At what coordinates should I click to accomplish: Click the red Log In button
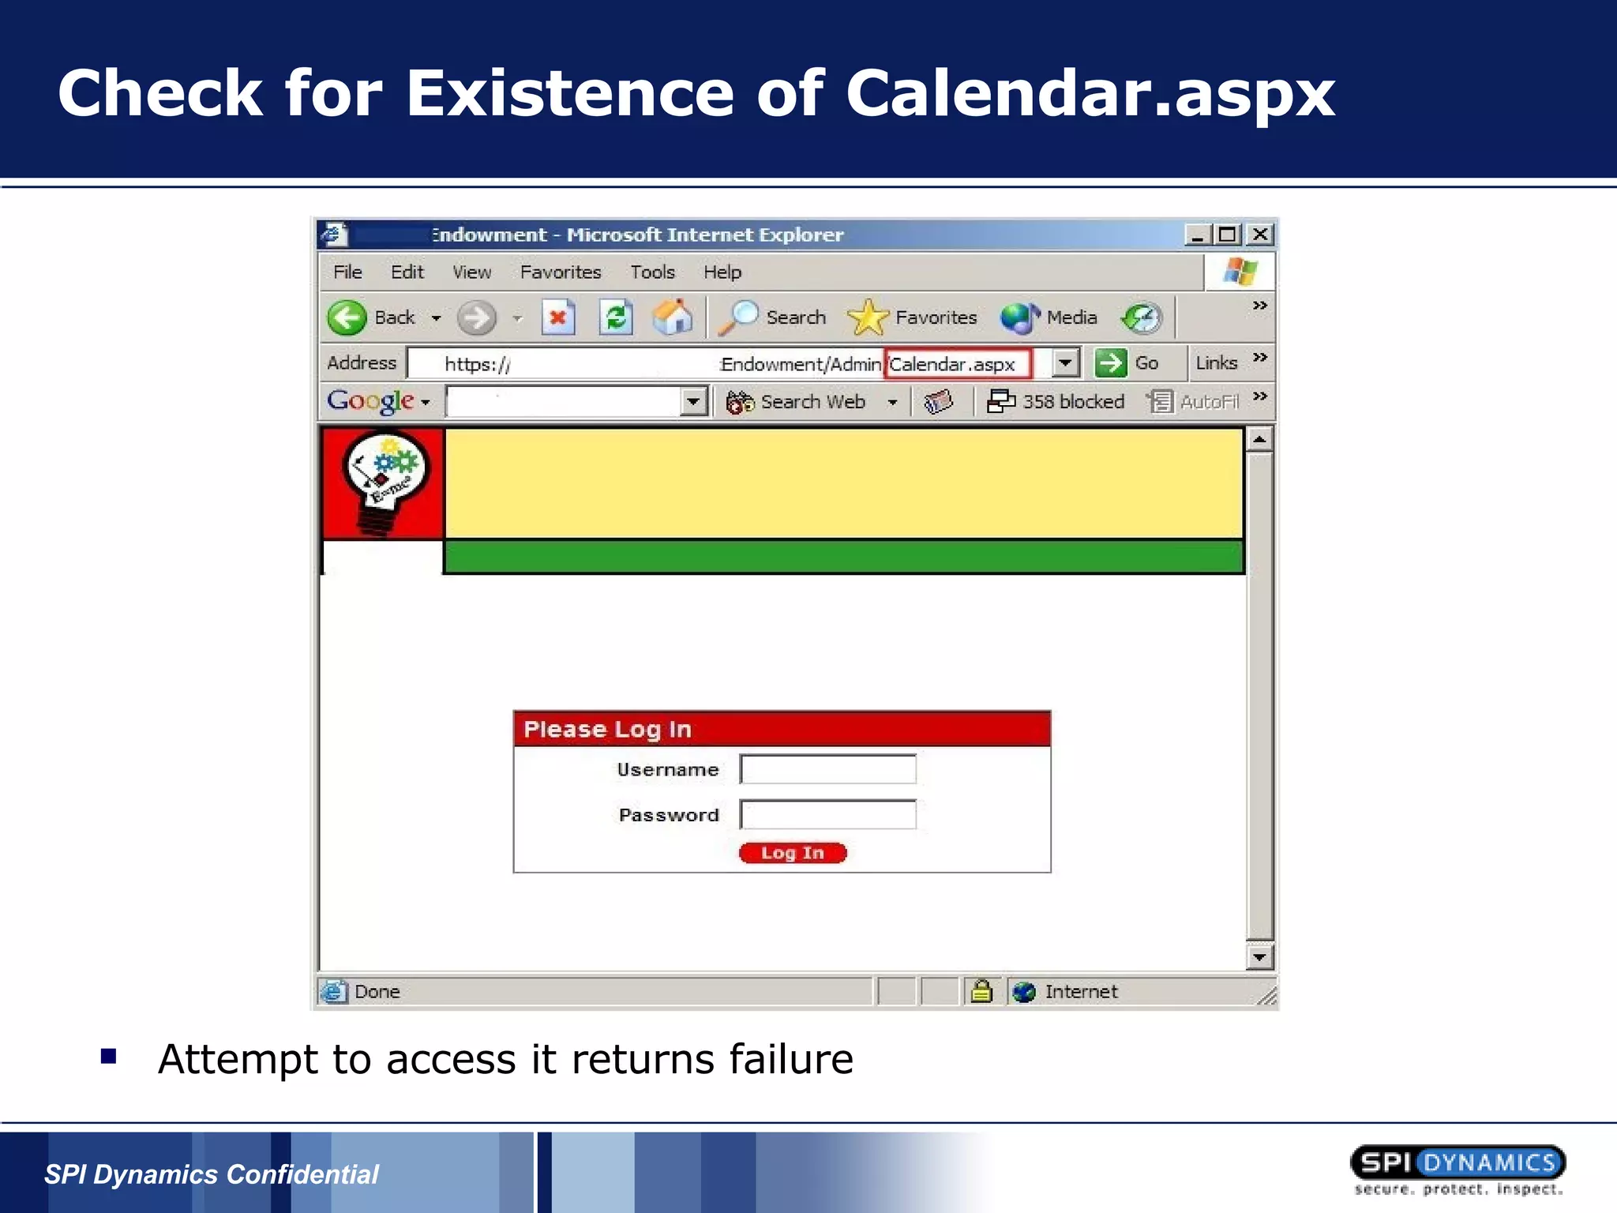[792, 853]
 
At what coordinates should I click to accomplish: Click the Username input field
[827, 769]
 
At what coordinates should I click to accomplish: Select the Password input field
[827, 814]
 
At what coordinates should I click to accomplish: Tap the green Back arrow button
[347, 317]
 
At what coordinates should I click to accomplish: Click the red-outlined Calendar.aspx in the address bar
[956, 364]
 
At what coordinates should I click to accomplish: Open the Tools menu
[652, 272]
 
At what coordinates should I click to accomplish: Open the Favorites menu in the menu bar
[560, 272]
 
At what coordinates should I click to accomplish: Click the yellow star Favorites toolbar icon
[867, 317]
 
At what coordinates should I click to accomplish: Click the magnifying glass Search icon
[738, 317]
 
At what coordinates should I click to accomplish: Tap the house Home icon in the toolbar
[673, 317]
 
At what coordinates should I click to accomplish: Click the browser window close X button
[1261, 235]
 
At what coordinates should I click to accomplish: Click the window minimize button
[1197, 235]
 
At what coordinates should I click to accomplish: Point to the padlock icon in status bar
[981, 991]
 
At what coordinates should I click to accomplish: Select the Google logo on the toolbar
[370, 401]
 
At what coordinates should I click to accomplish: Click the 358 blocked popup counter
[1056, 402]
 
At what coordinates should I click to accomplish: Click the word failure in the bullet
[791, 1059]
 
